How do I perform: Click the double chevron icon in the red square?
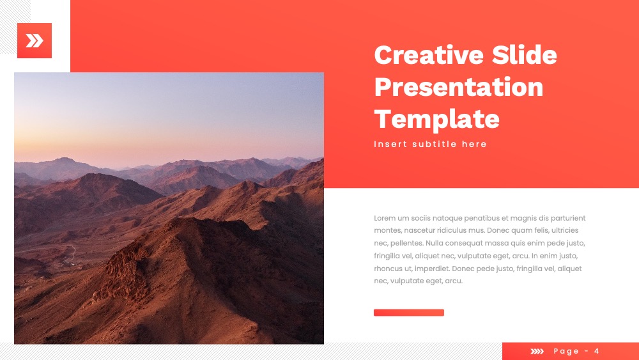tap(35, 41)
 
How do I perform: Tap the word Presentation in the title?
tap(458, 87)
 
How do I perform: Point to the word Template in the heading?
tap(436, 120)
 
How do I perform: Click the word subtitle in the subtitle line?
tap(435, 144)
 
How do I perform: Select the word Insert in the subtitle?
tap(390, 144)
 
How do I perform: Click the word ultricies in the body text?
tap(565, 230)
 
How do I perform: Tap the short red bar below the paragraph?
tap(409, 313)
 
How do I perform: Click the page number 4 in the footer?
tap(597, 351)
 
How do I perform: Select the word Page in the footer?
tap(566, 352)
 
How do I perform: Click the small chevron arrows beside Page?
tap(537, 351)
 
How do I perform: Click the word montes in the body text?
tap(387, 231)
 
